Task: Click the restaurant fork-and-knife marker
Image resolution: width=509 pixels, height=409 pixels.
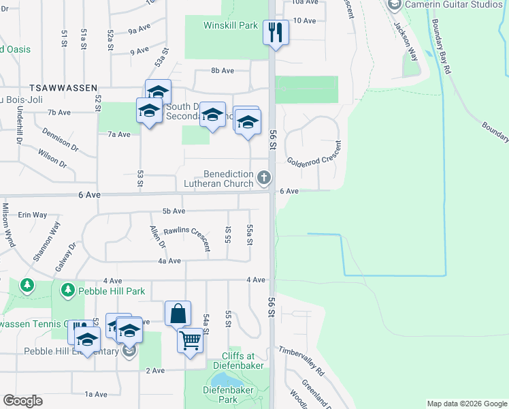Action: tap(276, 32)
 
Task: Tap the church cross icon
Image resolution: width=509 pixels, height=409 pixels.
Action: tap(264, 179)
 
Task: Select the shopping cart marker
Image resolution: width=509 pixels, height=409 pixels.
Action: tap(190, 339)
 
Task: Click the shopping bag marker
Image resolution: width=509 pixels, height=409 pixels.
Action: tap(178, 314)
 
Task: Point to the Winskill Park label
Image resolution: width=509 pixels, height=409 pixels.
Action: tap(231, 26)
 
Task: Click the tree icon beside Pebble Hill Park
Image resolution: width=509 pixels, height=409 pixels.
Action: tap(67, 291)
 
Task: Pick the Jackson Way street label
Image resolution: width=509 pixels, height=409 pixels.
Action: tap(404, 40)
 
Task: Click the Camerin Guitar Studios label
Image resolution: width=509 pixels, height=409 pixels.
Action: tap(453, 5)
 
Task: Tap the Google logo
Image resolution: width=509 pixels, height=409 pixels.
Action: tap(22, 401)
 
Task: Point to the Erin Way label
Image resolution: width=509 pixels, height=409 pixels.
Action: tap(32, 215)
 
